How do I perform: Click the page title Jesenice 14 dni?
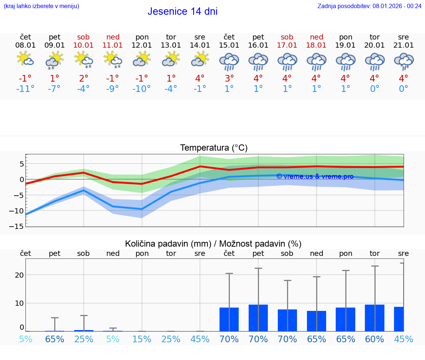pyautogui.click(x=182, y=11)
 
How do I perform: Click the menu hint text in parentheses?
pyautogui.click(x=41, y=6)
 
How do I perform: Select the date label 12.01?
pyautogui.click(x=142, y=45)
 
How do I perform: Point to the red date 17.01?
pyautogui.click(x=287, y=45)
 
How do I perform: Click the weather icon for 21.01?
pyautogui.click(x=404, y=61)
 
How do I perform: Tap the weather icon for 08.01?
pyautogui.click(x=25, y=59)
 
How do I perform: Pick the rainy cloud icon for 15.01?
pyautogui.click(x=229, y=61)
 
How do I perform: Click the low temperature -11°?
pyautogui.click(x=25, y=89)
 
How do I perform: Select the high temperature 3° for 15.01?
pyautogui.click(x=229, y=78)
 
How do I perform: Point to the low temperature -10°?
pyautogui.click(x=142, y=89)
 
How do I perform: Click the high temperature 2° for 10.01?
pyautogui.click(x=84, y=78)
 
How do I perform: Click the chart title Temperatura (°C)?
pyautogui.click(x=214, y=148)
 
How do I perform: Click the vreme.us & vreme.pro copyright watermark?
pyautogui.click(x=315, y=176)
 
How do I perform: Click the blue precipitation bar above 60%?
pyautogui.click(x=374, y=318)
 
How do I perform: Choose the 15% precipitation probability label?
pyautogui.click(x=142, y=339)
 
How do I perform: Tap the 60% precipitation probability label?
pyautogui.click(x=374, y=339)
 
